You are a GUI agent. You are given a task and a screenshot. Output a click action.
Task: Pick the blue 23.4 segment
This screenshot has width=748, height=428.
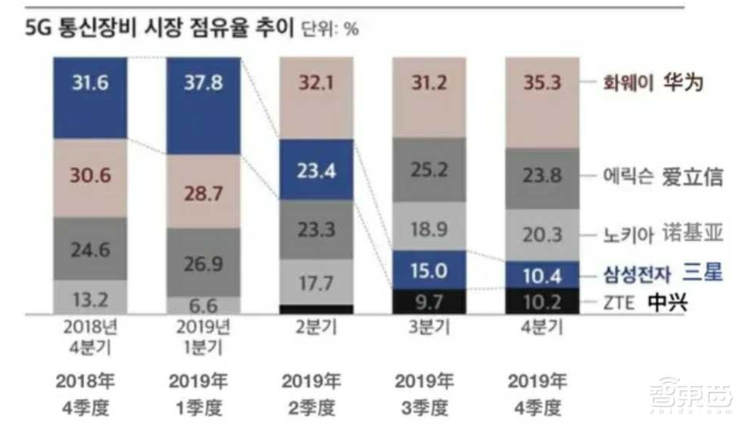[x=316, y=171]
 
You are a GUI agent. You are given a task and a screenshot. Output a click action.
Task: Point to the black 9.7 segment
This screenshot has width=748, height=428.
[x=429, y=302]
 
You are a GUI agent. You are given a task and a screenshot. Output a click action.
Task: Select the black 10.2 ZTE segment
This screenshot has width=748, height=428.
[x=542, y=302]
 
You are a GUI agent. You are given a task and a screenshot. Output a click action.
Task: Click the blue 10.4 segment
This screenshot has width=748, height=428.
[x=542, y=275]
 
